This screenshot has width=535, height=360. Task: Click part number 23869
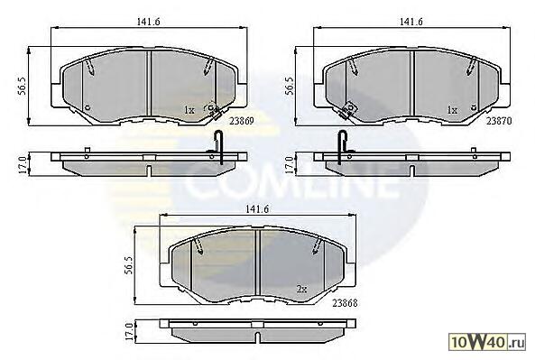coord(242,121)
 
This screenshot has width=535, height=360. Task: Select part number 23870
coord(499,121)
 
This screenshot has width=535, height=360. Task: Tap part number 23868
coord(346,302)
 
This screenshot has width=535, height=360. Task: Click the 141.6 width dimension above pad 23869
coord(149,22)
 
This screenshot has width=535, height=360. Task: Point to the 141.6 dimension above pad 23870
coord(411,22)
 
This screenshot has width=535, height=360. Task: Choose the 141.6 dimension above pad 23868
coord(258,209)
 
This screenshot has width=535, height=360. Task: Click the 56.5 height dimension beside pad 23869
coord(22,86)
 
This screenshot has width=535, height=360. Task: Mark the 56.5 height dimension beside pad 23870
coord(290,86)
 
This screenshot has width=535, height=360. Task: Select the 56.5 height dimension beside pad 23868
coord(127,264)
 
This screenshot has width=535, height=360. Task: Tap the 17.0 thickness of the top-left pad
coord(22,165)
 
